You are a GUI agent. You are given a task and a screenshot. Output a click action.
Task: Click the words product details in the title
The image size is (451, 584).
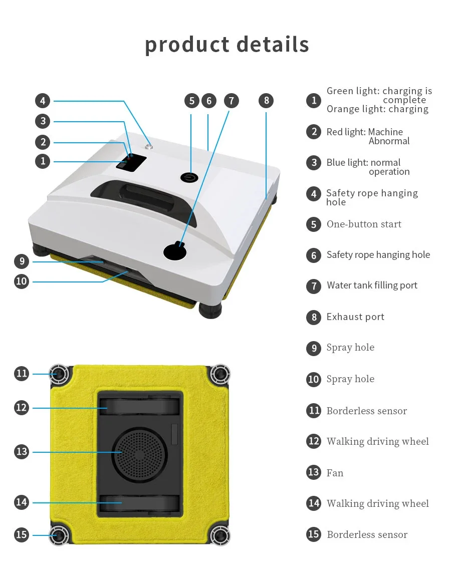click(x=227, y=44)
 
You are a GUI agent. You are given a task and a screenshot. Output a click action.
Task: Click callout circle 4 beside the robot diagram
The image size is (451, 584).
click(x=43, y=101)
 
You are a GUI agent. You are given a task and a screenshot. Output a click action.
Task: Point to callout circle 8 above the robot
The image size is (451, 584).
click(x=266, y=101)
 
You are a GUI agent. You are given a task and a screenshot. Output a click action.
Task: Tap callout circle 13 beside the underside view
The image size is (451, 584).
click(x=22, y=452)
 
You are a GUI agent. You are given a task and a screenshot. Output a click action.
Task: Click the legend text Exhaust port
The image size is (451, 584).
click(x=355, y=317)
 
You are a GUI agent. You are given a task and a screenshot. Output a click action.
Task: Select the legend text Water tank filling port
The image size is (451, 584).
click(x=372, y=285)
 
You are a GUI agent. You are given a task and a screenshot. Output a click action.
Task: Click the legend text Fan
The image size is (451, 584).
click(x=335, y=473)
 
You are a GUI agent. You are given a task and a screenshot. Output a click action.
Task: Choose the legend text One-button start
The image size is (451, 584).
click(x=364, y=224)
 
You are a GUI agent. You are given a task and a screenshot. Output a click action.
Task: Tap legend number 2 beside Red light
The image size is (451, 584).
click(x=314, y=132)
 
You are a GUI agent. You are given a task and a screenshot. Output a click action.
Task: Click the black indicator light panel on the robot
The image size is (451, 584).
click(x=131, y=162)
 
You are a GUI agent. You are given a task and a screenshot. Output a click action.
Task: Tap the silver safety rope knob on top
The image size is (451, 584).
click(x=148, y=147)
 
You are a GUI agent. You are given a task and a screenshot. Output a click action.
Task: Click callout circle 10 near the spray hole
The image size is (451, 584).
click(x=22, y=281)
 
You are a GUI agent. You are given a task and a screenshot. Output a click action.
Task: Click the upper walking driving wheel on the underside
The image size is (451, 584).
click(x=139, y=406)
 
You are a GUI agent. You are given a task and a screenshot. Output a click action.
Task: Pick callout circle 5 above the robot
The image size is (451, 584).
click(x=192, y=101)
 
